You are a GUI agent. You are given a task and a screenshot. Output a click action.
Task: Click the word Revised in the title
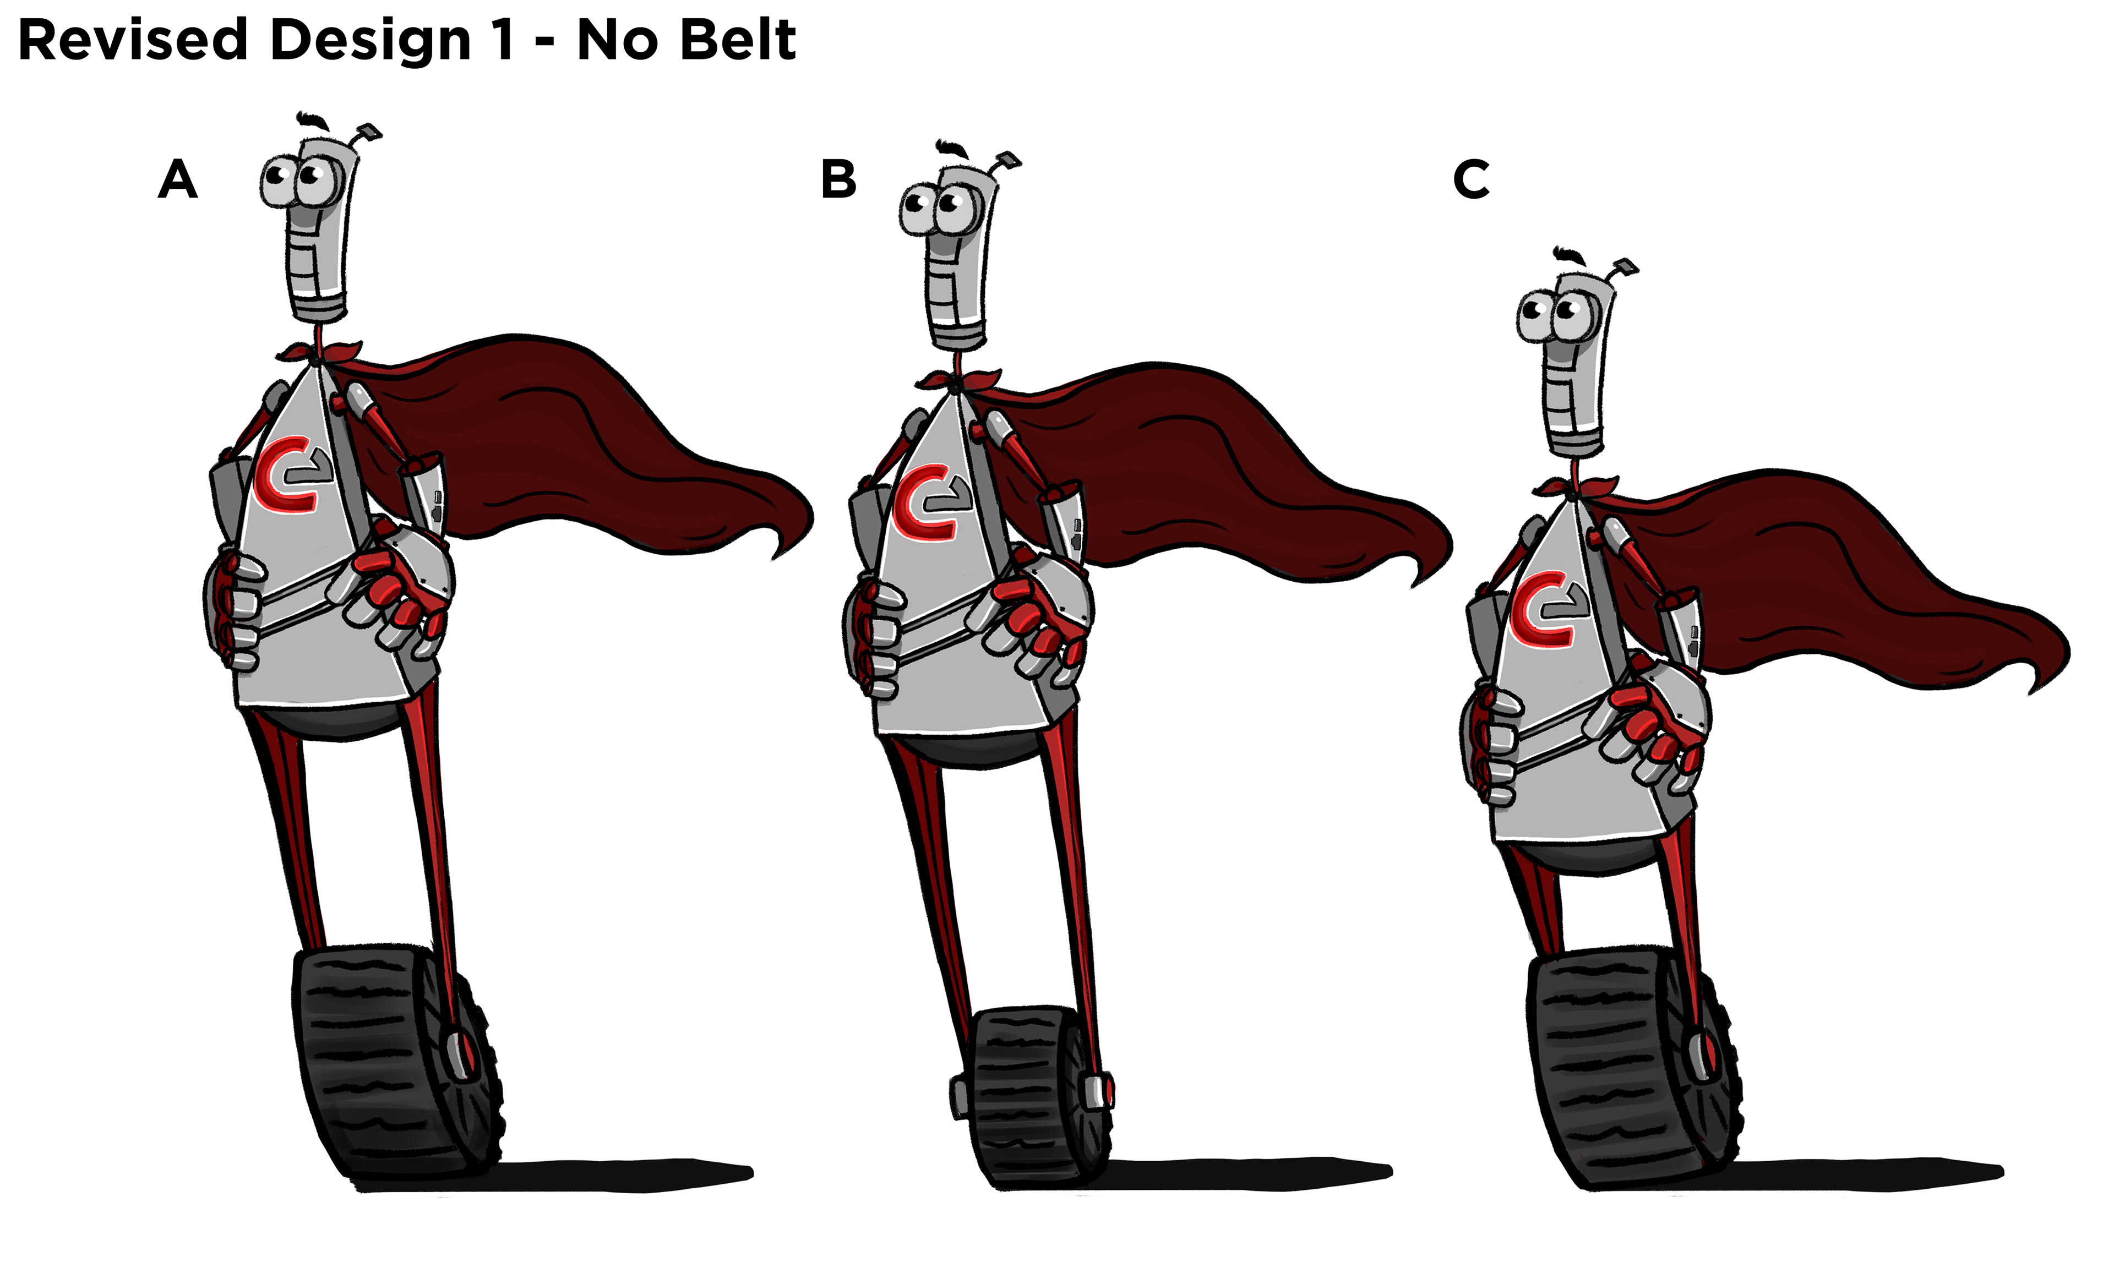click(x=133, y=41)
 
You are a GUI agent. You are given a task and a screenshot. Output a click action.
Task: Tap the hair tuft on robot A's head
click(x=312, y=119)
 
